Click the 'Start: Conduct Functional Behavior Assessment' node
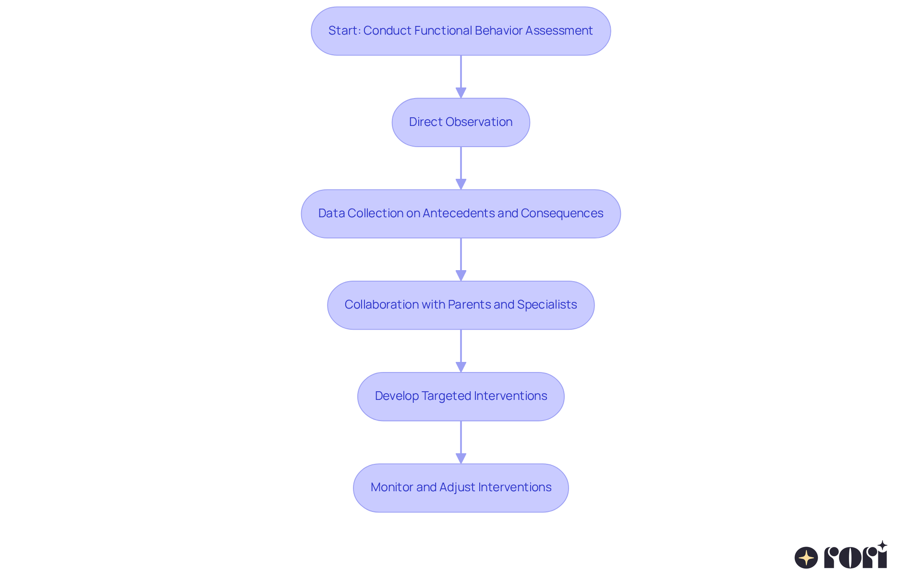(x=461, y=31)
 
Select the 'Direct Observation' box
(x=461, y=123)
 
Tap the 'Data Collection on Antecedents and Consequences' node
(x=461, y=214)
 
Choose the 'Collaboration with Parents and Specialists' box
(x=461, y=305)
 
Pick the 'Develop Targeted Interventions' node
(x=461, y=397)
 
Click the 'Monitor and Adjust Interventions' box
(x=461, y=488)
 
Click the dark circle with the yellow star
(x=806, y=558)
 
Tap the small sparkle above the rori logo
(x=882, y=546)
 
